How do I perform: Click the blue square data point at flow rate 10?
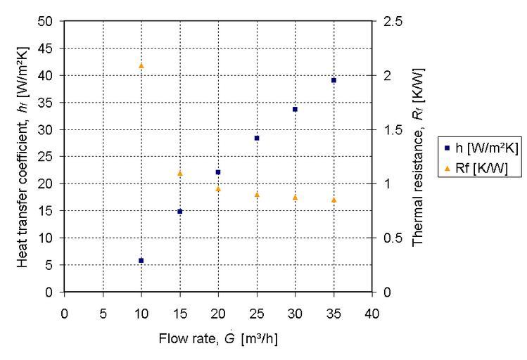point(141,260)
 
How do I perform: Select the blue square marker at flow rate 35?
point(334,80)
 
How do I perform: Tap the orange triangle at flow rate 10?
point(141,65)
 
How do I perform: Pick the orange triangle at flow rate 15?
point(179,173)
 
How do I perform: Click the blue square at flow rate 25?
point(257,138)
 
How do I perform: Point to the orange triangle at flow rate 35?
point(334,200)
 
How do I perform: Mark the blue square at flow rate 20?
point(218,172)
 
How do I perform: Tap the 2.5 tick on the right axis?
point(393,21)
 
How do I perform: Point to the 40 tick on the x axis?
point(372,312)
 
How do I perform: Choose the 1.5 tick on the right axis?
point(393,129)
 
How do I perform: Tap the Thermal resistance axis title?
point(417,156)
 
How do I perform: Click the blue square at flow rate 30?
point(295,109)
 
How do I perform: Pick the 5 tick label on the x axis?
point(103,312)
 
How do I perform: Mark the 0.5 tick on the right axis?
point(393,238)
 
